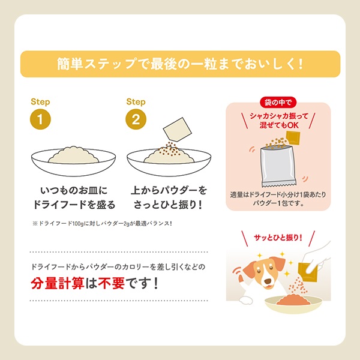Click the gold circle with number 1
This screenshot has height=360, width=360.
(x=40, y=119)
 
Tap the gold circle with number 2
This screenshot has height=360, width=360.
(x=136, y=119)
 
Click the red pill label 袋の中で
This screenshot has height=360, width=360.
(x=278, y=102)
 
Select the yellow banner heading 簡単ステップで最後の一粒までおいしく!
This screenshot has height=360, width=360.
(x=180, y=64)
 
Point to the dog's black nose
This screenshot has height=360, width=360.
(x=267, y=281)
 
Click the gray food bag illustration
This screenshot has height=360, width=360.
(x=278, y=166)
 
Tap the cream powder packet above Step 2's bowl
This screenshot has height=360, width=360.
(x=177, y=129)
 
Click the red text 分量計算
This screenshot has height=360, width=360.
(x=58, y=283)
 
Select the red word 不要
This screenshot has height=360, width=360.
(x=112, y=283)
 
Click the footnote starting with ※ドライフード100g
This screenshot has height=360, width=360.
(x=102, y=223)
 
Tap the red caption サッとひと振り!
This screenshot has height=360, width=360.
(x=278, y=238)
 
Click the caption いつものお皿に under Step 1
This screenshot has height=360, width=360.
(x=74, y=190)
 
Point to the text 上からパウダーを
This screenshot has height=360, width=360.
(x=169, y=190)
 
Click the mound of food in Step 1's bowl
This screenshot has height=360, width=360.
(x=74, y=155)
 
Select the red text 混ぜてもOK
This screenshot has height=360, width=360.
(x=279, y=125)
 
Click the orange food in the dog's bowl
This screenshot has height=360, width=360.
(x=293, y=299)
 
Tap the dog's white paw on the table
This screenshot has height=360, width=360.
(x=245, y=301)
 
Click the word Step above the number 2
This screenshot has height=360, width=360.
(x=136, y=102)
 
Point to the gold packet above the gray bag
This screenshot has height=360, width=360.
(x=293, y=138)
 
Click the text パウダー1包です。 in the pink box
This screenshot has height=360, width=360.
(x=278, y=203)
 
